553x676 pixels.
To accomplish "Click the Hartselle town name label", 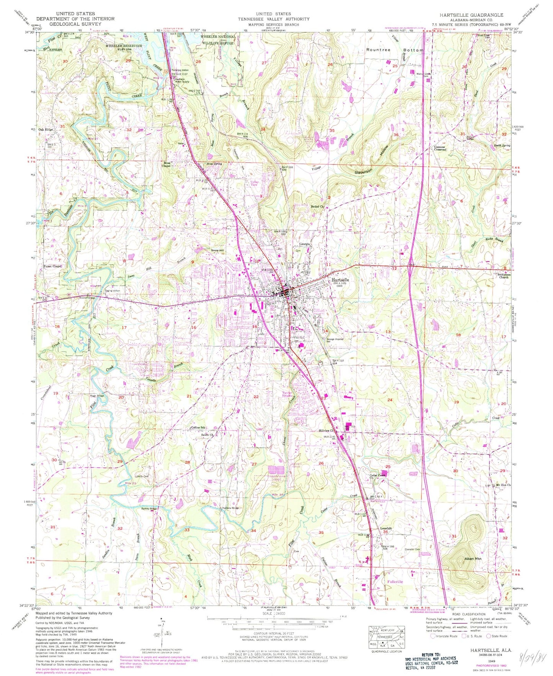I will tap(339, 280).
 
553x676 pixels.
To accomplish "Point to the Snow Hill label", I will tap(217, 250).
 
